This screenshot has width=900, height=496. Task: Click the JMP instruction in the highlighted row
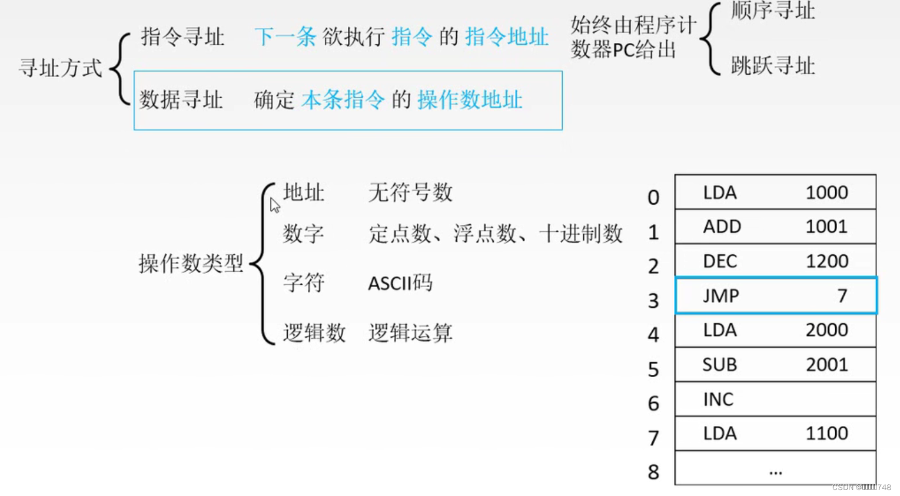[x=720, y=295]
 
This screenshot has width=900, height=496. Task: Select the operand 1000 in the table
[x=826, y=192]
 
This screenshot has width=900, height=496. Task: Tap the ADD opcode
[x=722, y=227]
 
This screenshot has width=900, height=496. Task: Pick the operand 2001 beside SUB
[x=826, y=365]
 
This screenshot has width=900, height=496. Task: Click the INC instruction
[x=718, y=400]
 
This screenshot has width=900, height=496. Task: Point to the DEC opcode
[x=720, y=261]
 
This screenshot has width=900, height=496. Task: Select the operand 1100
[x=826, y=434]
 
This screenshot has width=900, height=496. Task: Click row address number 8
[x=653, y=472]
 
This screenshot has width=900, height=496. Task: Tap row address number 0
[x=653, y=197]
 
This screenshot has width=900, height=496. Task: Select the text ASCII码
[x=400, y=283]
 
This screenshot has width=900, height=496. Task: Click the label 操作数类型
[x=191, y=263]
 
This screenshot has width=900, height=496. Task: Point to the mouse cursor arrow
[x=274, y=205]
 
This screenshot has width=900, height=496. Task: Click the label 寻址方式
[x=61, y=68]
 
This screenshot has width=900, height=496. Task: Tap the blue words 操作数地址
[x=470, y=100]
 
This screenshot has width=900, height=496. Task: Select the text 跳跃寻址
[x=772, y=66]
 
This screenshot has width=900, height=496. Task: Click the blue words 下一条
[x=285, y=37]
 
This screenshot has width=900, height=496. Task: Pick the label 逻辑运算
[x=410, y=332]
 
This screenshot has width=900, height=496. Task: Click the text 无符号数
[x=410, y=192]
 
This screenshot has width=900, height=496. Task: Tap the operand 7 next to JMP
[x=842, y=295]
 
